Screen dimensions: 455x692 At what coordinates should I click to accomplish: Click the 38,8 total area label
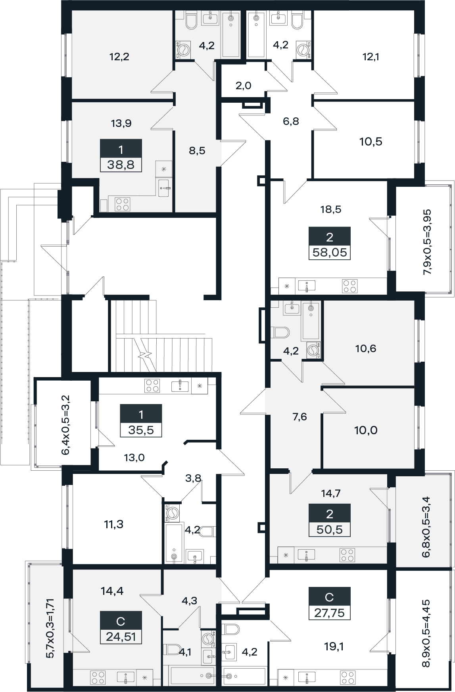pos(121,165)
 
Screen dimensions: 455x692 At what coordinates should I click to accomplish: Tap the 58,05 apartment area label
pos(330,252)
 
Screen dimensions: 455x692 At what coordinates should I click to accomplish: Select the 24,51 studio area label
pos(121,637)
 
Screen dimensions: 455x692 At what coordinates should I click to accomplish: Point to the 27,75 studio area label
pos(329,613)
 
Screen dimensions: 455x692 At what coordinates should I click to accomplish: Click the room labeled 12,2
pos(119,57)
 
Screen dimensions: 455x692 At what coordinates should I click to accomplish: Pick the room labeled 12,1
pos(371,57)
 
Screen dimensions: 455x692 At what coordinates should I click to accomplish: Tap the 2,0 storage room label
pos(244,86)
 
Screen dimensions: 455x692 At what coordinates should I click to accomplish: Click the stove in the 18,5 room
pos(349,286)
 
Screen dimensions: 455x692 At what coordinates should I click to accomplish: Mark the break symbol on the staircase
pos(145,354)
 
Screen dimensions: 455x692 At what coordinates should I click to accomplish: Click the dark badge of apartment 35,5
pos(141,415)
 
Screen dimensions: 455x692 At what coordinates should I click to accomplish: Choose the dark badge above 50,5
pos(330,514)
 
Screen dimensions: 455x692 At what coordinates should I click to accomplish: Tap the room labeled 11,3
pos(113,525)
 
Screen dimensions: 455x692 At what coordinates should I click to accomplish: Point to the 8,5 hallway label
pos(197,151)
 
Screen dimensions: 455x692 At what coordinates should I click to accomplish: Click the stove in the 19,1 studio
pos(349,677)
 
